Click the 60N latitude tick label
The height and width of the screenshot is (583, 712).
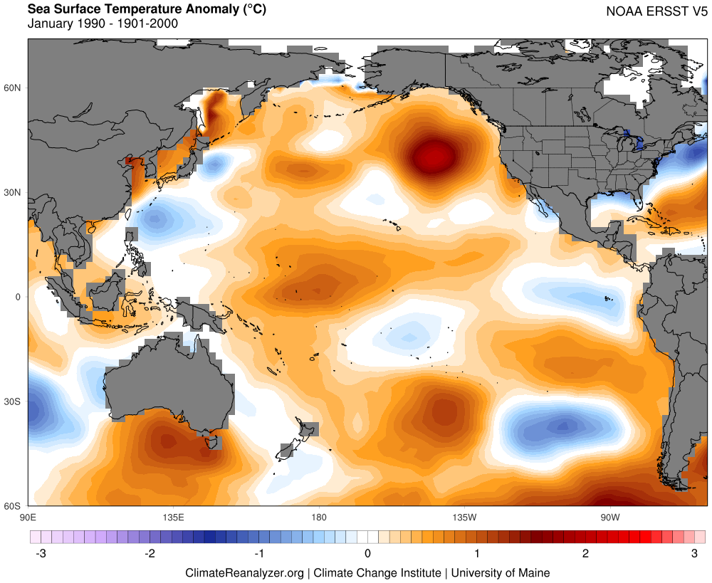tap(13, 88)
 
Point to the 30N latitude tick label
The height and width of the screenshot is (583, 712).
tap(13, 192)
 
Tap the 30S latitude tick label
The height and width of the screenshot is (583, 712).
tap(13, 401)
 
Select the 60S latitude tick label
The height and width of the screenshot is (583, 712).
tap(13, 506)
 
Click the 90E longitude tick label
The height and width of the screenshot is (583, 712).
tap(28, 517)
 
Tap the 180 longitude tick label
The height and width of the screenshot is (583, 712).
tap(318, 517)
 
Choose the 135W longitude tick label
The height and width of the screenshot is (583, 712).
tap(464, 517)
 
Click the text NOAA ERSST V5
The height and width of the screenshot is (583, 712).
tap(652, 11)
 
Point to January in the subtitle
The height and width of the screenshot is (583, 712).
tap(50, 23)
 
